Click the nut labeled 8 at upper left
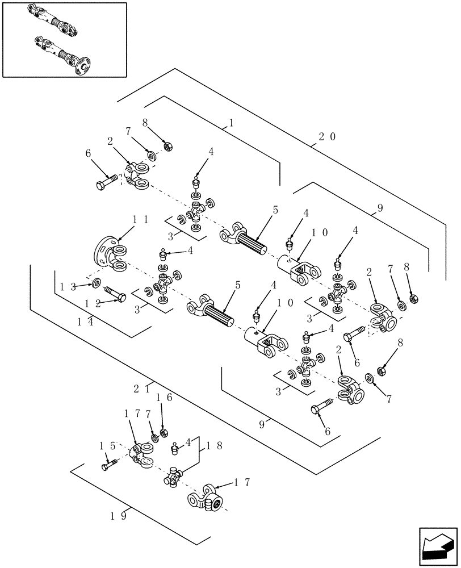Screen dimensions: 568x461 (168, 147)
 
